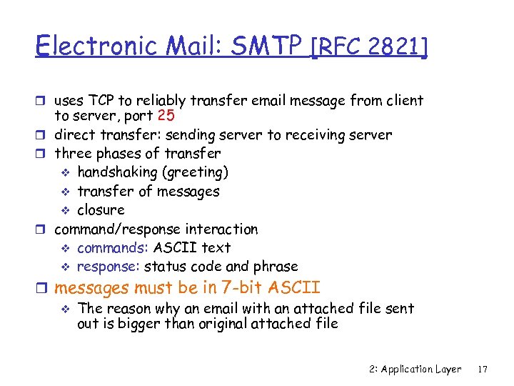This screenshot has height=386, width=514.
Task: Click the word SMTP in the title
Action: (x=266, y=46)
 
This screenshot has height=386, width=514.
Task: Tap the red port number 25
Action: (x=166, y=116)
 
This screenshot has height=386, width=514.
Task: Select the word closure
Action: (x=101, y=209)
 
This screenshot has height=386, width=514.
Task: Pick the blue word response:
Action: (x=109, y=266)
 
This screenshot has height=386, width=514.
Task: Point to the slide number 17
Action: (x=483, y=369)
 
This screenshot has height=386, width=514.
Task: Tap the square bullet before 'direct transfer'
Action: (x=45, y=134)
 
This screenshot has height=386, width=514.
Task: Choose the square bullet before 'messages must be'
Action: (x=45, y=289)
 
